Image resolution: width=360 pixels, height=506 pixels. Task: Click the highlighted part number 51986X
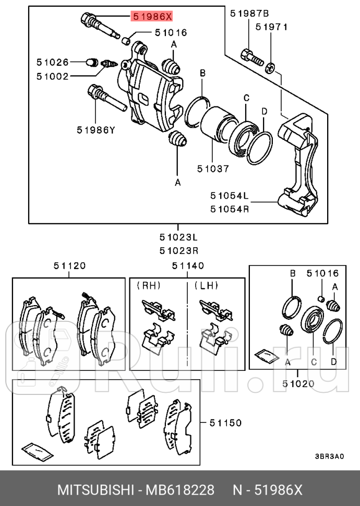pyautogui.click(x=152, y=17)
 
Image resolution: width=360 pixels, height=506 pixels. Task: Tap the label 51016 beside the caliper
pyautogui.click(x=171, y=32)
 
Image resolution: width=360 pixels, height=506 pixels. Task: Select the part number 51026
pyautogui.click(x=53, y=62)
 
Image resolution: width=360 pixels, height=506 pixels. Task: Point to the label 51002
pyautogui.click(x=53, y=76)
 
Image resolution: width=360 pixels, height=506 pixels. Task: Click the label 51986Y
pyautogui.click(x=95, y=130)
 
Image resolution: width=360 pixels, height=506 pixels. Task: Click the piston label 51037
pyautogui.click(x=213, y=168)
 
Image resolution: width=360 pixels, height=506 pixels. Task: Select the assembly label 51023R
pyautogui.click(x=178, y=250)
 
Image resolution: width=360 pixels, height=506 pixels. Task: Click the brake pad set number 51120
pyautogui.click(x=69, y=266)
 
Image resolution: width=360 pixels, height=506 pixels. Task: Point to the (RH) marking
pyautogui.click(x=149, y=285)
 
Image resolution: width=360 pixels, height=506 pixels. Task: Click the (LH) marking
pyautogui.click(x=207, y=285)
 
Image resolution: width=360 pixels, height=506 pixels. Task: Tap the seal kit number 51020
pyautogui.click(x=298, y=384)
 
